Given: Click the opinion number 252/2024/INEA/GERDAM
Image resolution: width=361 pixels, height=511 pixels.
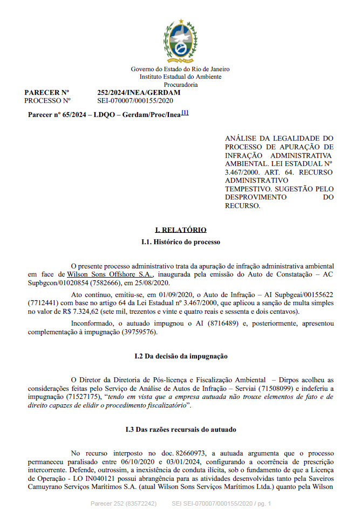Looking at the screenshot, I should (x=139, y=93).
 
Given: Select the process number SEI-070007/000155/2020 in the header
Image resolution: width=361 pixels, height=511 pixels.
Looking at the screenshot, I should (x=135, y=100).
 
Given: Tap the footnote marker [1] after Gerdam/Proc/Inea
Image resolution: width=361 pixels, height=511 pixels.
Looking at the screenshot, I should (x=185, y=113).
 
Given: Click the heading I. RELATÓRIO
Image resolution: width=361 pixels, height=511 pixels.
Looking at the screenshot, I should (x=180, y=230).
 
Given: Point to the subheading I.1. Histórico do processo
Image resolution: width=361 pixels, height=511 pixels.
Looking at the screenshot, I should (x=180, y=242).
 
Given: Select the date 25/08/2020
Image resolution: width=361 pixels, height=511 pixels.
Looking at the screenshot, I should (x=153, y=282).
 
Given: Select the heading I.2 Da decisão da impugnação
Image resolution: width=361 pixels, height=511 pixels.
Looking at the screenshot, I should (x=180, y=356).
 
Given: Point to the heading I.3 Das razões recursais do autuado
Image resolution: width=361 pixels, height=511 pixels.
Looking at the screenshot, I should (x=180, y=429).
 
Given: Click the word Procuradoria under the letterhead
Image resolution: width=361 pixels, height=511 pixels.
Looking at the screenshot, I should (x=181, y=85).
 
